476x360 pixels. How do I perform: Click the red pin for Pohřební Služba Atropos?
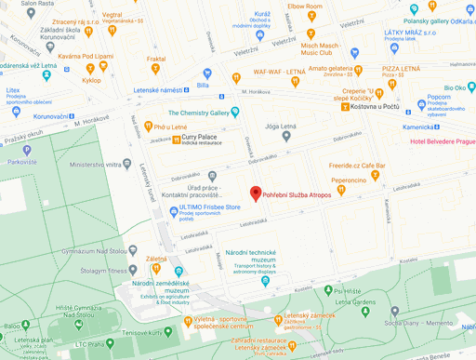(x=256, y=193)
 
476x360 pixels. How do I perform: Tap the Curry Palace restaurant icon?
(x=177, y=141)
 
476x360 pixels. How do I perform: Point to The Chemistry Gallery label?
(x=198, y=113)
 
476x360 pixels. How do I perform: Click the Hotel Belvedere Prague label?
(x=443, y=141)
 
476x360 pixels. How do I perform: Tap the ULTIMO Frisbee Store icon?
(x=172, y=211)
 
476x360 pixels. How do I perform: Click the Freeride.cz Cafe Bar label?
(x=358, y=166)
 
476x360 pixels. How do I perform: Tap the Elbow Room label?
(x=305, y=7)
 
